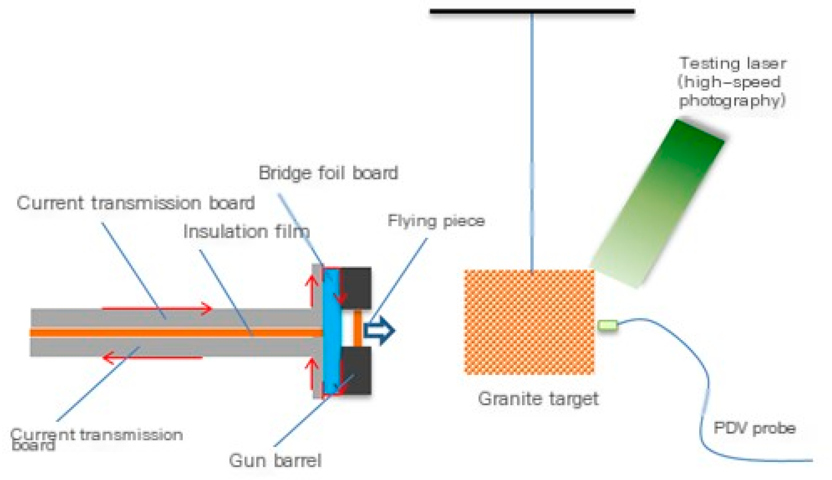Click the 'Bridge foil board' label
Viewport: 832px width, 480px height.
(328, 173)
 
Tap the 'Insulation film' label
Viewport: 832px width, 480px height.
(246, 232)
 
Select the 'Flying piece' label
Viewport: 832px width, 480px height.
(436, 221)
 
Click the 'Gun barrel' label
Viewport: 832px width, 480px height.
(275, 460)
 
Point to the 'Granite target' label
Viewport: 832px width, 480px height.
(538, 399)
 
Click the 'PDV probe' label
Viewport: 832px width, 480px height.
(754, 428)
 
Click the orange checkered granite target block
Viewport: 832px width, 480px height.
(529, 322)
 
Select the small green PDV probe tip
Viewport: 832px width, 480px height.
(607, 325)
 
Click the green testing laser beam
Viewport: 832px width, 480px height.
(658, 204)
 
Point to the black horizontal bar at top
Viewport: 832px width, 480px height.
(532, 12)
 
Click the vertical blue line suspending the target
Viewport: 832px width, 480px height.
(532, 140)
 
